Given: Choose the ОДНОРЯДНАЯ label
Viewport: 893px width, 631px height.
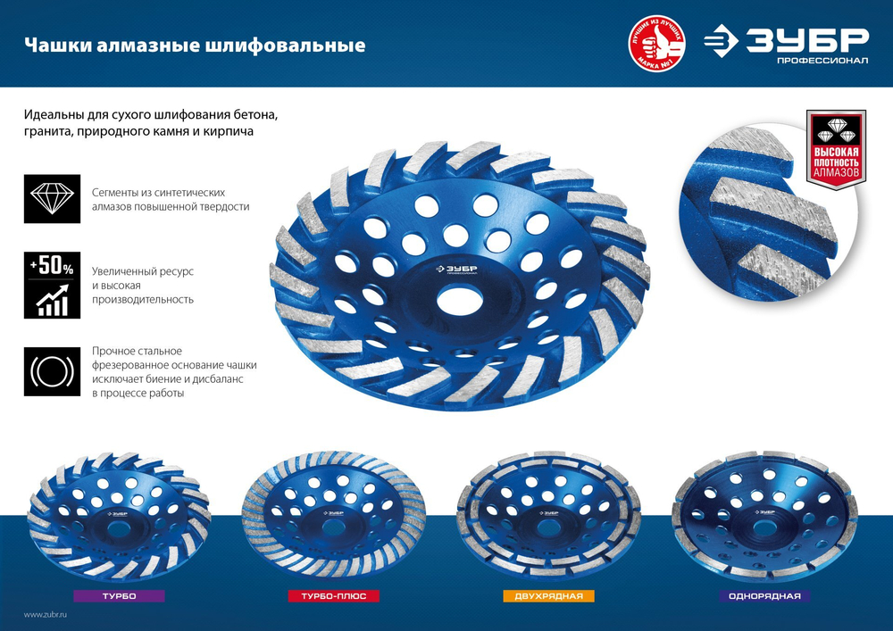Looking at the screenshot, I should (x=764, y=595).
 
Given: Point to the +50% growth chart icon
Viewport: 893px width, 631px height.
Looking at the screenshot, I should (x=53, y=286).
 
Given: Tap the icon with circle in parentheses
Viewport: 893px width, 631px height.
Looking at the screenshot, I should (x=53, y=370).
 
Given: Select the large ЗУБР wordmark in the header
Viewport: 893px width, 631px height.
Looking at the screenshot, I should (x=809, y=39).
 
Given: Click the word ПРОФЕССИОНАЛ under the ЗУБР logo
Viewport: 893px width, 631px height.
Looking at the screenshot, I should (x=821, y=61).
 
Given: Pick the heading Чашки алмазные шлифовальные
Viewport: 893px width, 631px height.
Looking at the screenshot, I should (x=195, y=45).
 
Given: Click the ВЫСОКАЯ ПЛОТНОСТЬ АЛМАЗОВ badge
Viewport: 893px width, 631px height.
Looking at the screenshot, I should (x=836, y=146).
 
